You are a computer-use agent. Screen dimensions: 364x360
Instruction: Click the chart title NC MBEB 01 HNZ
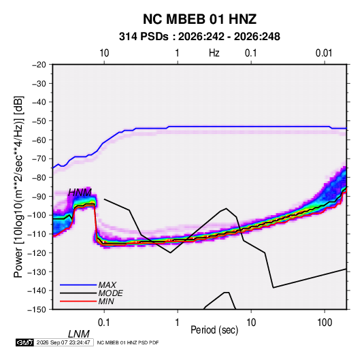tap(199, 19)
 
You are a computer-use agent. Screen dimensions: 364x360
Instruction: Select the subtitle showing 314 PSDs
tap(199, 37)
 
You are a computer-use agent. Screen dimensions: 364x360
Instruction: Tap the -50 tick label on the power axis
tap(39, 121)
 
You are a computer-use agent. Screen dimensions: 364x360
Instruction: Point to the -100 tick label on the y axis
tap(37, 215)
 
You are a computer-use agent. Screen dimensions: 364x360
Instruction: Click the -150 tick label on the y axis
tap(37, 310)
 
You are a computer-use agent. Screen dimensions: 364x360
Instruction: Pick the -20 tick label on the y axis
tap(39, 65)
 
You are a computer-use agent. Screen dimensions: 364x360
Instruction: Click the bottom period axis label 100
tap(325, 323)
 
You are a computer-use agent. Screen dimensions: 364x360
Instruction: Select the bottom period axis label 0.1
tap(103, 323)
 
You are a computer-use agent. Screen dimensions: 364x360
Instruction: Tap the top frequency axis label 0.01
tap(324, 53)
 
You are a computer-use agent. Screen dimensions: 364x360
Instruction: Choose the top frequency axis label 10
tap(104, 53)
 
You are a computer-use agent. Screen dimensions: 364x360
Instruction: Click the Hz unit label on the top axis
tap(214, 53)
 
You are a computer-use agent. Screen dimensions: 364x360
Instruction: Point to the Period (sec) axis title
tap(214, 330)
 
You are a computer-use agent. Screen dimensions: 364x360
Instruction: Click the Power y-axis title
tap(18, 187)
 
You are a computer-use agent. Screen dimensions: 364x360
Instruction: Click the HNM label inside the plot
tap(80, 193)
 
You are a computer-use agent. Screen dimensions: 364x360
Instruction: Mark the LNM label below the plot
tap(79, 334)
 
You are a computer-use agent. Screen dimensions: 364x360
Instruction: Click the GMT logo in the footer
tap(25, 342)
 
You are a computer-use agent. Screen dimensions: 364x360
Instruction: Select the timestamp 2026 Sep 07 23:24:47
tap(63, 342)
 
